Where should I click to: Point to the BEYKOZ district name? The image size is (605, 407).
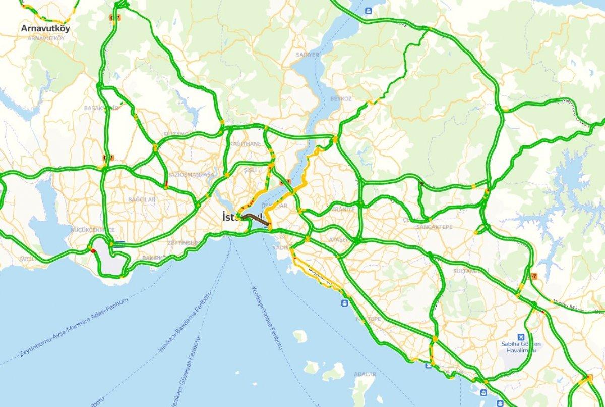coord(341,98)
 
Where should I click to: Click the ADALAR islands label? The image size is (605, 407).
coord(365,374)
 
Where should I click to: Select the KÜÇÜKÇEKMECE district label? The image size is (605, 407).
coord(79,229)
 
